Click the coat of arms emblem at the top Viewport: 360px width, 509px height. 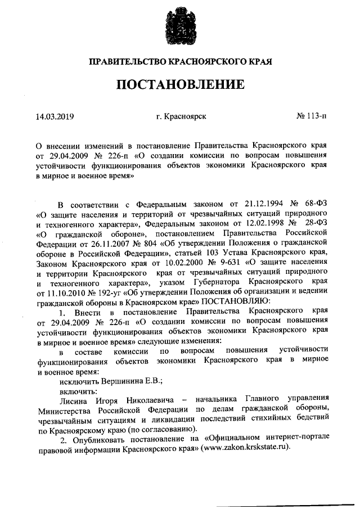180,25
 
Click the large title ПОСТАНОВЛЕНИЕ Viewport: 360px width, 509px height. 180,85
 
